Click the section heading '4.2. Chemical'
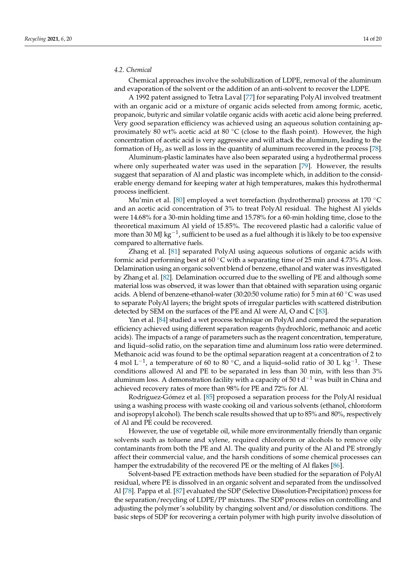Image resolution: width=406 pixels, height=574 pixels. (132, 70)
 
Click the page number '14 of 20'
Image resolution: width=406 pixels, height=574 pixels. (372, 39)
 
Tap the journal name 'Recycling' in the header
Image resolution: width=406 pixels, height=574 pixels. (35, 39)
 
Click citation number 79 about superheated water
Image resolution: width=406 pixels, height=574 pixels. (304, 166)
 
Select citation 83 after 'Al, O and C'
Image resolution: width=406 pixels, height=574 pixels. (322, 311)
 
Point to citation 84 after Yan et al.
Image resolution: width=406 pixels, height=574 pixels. (162, 320)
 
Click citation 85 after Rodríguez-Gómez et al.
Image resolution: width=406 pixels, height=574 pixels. (209, 397)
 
